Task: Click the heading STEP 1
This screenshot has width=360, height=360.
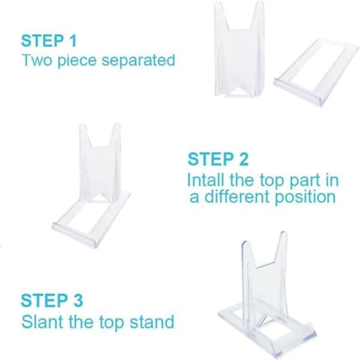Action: pos(49,41)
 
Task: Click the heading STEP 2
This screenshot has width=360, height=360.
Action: pos(218,159)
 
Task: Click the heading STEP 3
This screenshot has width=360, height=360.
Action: pos(52,301)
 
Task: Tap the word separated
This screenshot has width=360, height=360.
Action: pos(138,60)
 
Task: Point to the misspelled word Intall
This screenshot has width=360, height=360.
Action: pos(205,180)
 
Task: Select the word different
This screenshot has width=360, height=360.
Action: pos(237,197)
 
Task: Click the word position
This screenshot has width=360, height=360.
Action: pos(305,197)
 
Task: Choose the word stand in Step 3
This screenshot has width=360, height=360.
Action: pos(152,322)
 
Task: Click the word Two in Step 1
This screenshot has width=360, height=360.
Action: pos(37,60)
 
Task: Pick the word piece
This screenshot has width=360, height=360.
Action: pos(77,61)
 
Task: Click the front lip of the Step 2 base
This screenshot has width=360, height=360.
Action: pos(76,235)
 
